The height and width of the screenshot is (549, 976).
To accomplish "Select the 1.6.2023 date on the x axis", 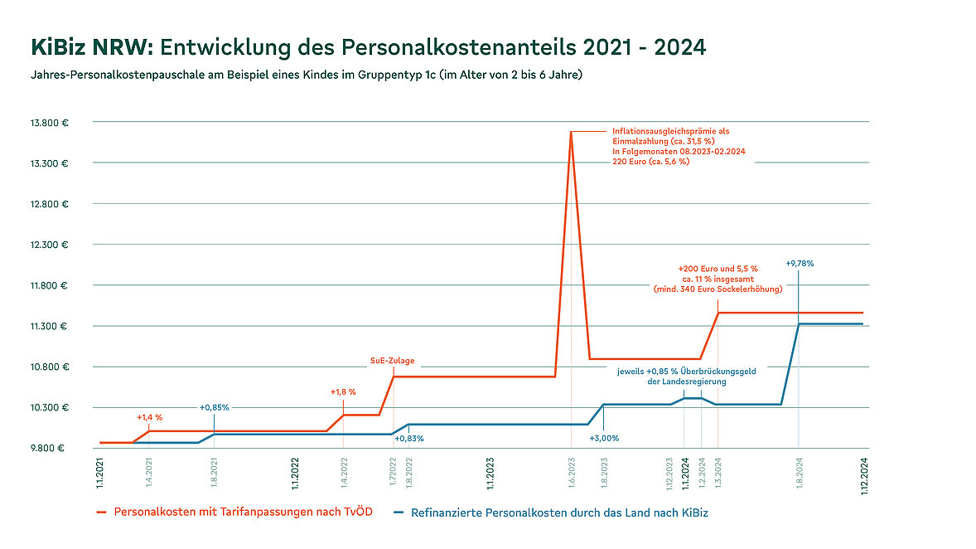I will tap(572, 472).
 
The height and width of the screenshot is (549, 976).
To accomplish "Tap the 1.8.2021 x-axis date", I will tap(215, 472).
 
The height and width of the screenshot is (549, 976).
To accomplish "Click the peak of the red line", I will tap(571, 132).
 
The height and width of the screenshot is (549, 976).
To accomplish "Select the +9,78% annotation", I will tap(800, 263).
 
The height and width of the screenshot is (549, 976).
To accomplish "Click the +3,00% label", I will tap(604, 438).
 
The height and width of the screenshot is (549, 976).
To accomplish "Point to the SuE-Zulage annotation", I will tap(392, 361).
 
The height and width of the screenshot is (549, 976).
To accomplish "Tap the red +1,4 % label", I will tap(149, 417).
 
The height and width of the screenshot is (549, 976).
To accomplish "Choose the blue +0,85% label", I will tap(215, 407).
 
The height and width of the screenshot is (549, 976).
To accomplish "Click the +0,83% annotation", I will tap(408, 438).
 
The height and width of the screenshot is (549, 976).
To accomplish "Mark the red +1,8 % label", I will tap(343, 391).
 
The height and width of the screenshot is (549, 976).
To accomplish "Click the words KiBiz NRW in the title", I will tap(90, 47).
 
